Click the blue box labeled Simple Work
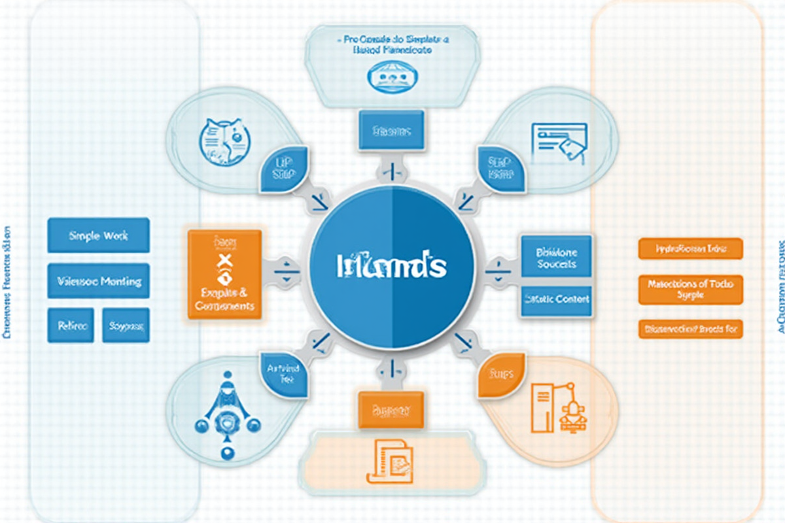coord(99,235)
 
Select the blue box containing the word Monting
coord(99,281)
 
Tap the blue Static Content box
coord(556,299)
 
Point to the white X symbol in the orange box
coord(224,262)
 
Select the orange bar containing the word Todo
coord(690,289)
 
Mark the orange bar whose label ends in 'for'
coord(690,329)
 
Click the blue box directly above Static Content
coord(556,256)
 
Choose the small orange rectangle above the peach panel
coord(391,410)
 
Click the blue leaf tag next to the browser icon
coord(502,168)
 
